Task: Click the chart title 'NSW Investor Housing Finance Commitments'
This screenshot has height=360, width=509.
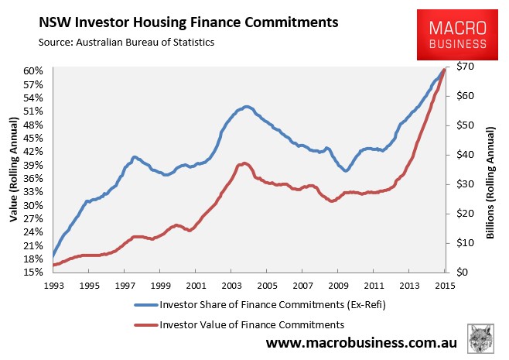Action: point(189,22)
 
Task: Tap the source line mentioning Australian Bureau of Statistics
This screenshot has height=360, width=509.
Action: point(126,43)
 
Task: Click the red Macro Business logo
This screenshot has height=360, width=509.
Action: point(457,35)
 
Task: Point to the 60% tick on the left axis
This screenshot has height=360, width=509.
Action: point(33,70)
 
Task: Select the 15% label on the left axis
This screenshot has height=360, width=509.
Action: point(33,272)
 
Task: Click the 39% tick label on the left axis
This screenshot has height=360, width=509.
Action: point(33,165)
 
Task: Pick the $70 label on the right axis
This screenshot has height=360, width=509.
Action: point(465,67)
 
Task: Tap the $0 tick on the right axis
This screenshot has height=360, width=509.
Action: point(463,272)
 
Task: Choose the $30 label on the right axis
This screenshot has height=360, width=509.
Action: point(465,184)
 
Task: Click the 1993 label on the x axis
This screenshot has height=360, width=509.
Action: point(54,286)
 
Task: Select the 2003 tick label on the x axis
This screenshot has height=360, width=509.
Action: point(232,286)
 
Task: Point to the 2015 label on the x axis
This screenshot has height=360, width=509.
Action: point(445,286)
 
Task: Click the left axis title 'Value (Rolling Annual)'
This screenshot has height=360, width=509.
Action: point(14,170)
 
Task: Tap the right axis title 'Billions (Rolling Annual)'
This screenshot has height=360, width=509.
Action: point(490,183)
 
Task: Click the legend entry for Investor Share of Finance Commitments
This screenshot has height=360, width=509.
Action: point(260,305)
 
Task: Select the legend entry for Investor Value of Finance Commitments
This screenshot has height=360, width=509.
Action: point(239,324)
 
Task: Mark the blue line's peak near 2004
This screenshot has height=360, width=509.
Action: point(247,107)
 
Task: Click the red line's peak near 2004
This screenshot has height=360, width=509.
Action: point(244,163)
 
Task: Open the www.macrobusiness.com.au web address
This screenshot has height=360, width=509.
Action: point(361,342)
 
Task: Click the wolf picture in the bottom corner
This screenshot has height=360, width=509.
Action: point(480,338)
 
